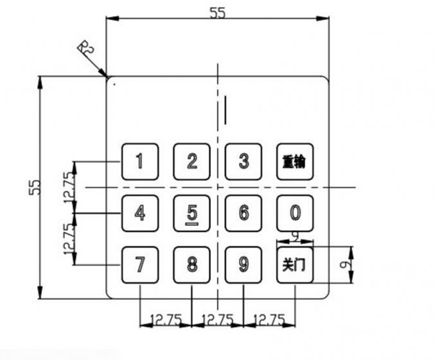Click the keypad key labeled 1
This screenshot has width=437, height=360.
[140, 161]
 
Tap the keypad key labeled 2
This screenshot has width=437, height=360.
[192, 161]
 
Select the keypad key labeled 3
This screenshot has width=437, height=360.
[244, 161]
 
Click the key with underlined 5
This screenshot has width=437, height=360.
[192, 213]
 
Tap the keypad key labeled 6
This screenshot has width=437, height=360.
[244, 213]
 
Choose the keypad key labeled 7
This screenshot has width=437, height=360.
[140, 264]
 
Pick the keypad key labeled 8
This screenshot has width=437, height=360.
[192, 264]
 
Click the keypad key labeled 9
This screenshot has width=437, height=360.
[244, 264]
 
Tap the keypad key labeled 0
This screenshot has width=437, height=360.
[295, 213]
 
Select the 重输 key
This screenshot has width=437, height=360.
[295, 161]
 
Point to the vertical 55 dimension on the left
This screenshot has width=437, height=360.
[35, 187]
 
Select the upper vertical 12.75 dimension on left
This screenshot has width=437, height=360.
[69, 187]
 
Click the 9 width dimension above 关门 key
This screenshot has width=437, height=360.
[294, 237]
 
